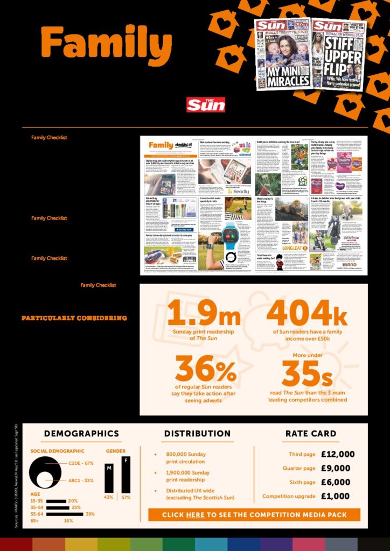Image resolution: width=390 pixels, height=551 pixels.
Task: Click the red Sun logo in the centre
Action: (205, 104)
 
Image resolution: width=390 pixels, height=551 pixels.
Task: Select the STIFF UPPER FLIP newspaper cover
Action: (338, 54)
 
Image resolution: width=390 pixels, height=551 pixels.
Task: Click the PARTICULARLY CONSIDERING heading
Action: (74, 318)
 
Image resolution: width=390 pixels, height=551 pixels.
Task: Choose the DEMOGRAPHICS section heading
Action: (81, 434)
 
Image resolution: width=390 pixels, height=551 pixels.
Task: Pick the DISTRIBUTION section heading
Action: (197, 434)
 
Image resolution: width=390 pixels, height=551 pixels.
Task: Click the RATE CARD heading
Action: (311, 434)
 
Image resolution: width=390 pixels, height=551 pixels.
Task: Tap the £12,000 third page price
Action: (338, 455)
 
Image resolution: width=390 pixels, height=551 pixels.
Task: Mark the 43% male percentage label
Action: (109, 497)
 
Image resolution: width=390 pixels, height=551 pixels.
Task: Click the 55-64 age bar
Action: (65, 514)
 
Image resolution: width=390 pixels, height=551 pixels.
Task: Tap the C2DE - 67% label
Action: (81, 463)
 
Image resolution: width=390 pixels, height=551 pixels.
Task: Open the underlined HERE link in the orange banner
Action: (195, 515)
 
